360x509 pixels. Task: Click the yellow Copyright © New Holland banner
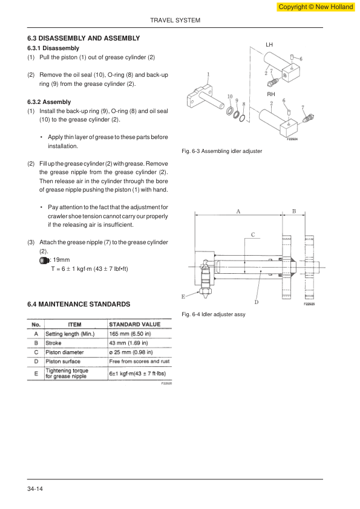click(x=315, y=7)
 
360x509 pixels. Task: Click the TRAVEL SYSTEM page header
click(x=175, y=21)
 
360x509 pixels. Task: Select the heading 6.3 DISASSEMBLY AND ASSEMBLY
click(x=83, y=38)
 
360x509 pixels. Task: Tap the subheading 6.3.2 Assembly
click(x=49, y=102)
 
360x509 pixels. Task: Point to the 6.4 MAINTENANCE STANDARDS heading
click(x=79, y=304)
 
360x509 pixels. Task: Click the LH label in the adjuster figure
click(x=269, y=45)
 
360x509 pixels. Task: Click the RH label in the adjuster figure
click(x=271, y=94)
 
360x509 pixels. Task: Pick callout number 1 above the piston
click(x=208, y=74)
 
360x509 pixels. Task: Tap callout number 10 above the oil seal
click(x=230, y=96)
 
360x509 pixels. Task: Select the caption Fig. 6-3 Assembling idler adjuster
click(x=222, y=151)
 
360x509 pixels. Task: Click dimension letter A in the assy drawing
click(x=238, y=212)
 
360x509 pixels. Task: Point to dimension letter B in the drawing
click(x=294, y=212)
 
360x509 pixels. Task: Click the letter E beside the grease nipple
click(x=183, y=296)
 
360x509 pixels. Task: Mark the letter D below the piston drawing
click(x=257, y=302)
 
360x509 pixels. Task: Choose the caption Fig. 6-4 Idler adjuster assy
click(x=214, y=314)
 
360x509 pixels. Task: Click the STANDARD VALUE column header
click(x=135, y=324)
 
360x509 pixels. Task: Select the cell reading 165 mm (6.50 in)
click(x=130, y=334)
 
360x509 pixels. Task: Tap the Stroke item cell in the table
click(x=53, y=343)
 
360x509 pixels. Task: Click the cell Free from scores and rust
click(x=139, y=361)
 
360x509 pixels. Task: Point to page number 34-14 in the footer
click(x=35, y=489)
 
